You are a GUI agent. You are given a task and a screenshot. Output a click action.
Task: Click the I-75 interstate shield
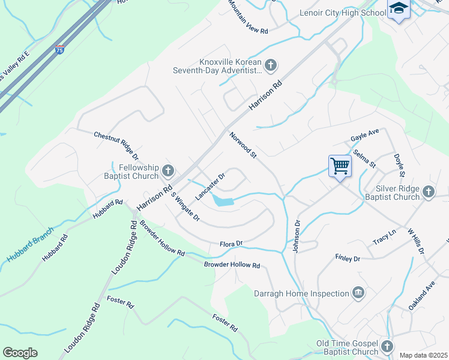tap(60, 50)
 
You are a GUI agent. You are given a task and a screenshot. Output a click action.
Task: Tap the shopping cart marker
tap(340, 166)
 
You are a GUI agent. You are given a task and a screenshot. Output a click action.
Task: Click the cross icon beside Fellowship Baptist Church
tap(167, 171)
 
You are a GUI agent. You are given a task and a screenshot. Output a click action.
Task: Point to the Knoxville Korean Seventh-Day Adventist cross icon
tap(271, 65)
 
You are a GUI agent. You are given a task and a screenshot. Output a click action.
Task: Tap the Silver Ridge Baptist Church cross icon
tap(428, 191)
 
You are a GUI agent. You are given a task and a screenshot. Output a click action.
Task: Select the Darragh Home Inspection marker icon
tap(358, 293)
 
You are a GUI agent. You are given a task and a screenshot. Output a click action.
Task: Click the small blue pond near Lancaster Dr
tap(224, 202)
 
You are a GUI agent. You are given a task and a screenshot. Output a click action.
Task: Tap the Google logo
tap(20, 353)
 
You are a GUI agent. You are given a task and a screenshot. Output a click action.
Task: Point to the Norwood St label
tap(243, 145)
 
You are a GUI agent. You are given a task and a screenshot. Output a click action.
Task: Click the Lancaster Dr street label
tap(209, 187)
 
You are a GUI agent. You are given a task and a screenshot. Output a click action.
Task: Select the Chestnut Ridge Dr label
tap(116, 146)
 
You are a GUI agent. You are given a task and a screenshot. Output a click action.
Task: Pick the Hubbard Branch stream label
tap(31, 243)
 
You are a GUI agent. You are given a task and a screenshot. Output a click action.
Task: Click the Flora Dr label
tap(231, 243)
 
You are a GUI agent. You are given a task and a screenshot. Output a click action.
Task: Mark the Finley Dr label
tap(348, 259)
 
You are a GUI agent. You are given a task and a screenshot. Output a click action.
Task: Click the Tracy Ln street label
tap(385, 232)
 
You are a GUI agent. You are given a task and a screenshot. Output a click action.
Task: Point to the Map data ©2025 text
tap(423, 355)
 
